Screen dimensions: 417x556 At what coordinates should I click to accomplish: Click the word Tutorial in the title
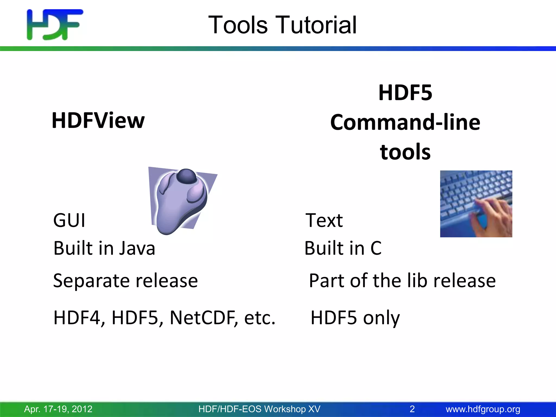coord(316,25)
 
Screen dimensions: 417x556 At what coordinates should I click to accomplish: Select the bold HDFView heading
coord(98,120)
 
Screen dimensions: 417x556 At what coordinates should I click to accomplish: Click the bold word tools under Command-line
coord(405,152)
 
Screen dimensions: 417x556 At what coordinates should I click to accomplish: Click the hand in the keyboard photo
coord(491,214)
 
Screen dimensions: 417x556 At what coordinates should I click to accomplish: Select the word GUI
coord(69,220)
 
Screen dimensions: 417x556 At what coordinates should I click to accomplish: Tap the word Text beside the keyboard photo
coord(324,220)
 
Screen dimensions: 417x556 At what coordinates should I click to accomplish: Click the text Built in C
coord(343,248)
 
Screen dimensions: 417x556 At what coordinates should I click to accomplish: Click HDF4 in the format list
coord(78,318)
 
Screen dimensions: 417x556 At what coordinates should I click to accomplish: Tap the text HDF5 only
coord(355,318)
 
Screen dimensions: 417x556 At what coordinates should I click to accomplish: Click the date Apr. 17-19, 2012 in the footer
coord(58,409)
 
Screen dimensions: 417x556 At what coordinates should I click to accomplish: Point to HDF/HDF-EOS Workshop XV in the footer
coord(259,409)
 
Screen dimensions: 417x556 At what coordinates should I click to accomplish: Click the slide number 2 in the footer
coord(412,409)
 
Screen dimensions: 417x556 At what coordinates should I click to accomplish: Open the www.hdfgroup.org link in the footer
coord(483,409)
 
